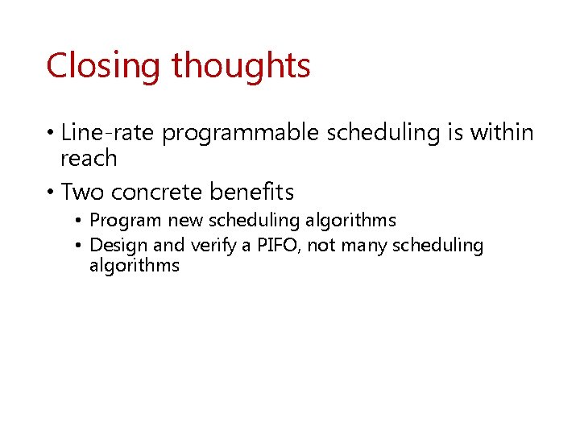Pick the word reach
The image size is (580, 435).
(89, 159)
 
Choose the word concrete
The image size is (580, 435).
(157, 192)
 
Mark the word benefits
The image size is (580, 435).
(251, 192)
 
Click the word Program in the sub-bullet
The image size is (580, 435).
(126, 221)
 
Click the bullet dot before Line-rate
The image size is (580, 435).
(51, 133)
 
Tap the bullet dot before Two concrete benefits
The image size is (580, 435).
(51, 193)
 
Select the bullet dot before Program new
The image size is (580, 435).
(80, 221)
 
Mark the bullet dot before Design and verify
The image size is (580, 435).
(80, 246)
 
